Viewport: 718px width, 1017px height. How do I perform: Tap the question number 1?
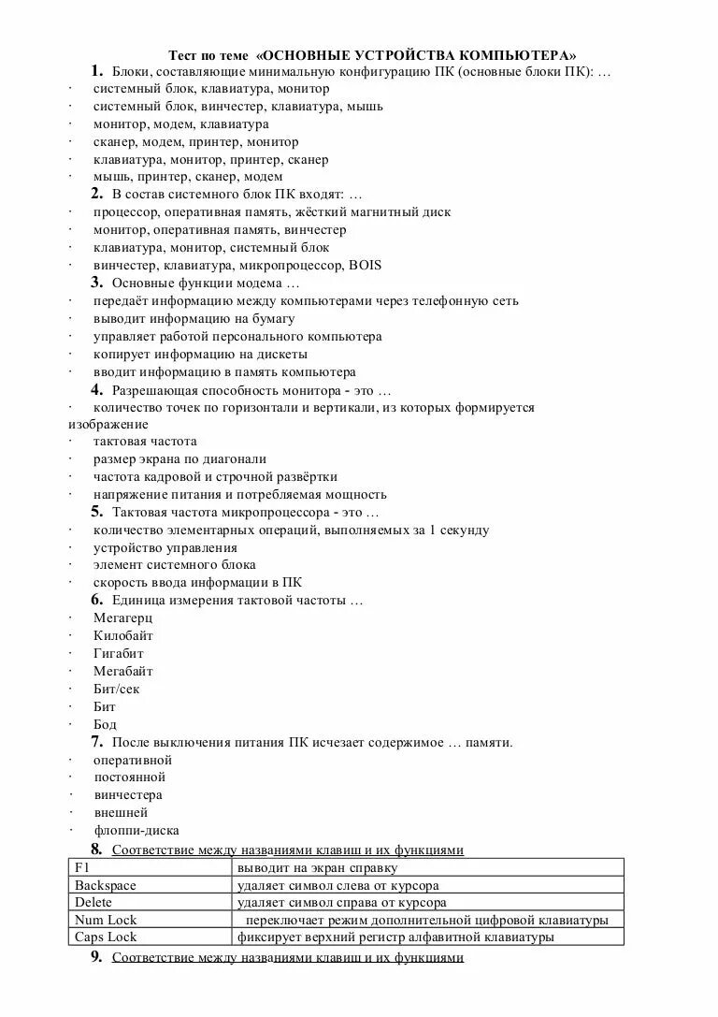(x=96, y=71)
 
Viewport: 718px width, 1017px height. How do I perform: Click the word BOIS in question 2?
(x=365, y=266)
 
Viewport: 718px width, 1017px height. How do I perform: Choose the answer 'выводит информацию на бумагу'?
(x=194, y=319)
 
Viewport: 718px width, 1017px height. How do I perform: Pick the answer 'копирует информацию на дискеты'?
(x=200, y=355)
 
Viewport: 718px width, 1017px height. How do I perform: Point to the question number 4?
(x=96, y=390)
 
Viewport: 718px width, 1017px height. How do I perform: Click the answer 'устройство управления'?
(x=165, y=548)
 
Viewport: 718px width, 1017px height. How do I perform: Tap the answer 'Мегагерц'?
(x=122, y=618)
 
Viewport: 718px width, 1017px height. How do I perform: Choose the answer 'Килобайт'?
(x=122, y=636)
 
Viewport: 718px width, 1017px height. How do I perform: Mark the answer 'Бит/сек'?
(x=116, y=690)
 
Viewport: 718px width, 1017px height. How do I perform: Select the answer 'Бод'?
(x=105, y=725)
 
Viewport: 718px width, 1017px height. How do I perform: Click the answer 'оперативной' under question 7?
(x=133, y=761)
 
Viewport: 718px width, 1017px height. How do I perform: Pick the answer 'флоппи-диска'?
(x=136, y=831)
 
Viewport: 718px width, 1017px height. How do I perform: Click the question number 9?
(x=96, y=957)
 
